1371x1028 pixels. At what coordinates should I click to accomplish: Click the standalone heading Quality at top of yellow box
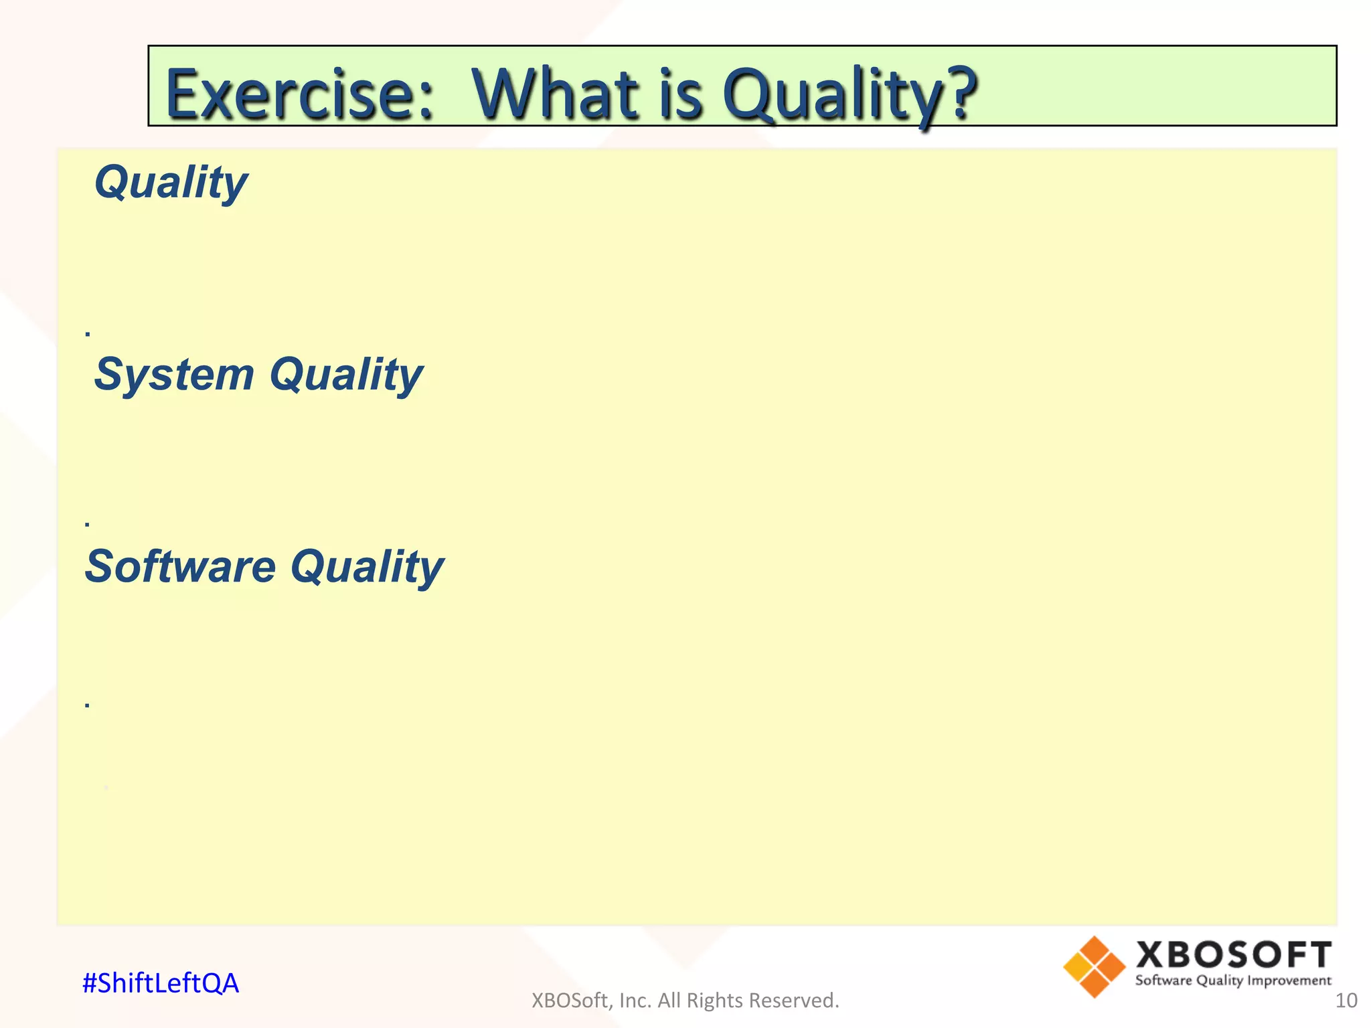tap(171, 183)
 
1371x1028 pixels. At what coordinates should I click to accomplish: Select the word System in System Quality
tap(174, 375)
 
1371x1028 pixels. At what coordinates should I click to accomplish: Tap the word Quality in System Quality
tap(346, 375)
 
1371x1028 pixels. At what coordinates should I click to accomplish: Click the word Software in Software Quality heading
tap(180, 567)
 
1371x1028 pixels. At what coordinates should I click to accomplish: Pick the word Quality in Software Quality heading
tap(367, 567)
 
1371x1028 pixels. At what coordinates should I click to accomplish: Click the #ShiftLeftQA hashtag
tap(160, 983)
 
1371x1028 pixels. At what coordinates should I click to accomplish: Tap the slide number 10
tap(1346, 1001)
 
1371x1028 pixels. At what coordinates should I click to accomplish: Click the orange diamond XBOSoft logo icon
tap(1094, 967)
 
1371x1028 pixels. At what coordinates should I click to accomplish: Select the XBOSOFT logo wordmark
tap(1233, 955)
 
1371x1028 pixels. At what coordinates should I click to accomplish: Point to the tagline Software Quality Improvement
tap(1233, 981)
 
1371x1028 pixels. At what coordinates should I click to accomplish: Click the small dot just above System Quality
tap(88, 333)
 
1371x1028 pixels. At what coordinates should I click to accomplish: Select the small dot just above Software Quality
tap(88, 525)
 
